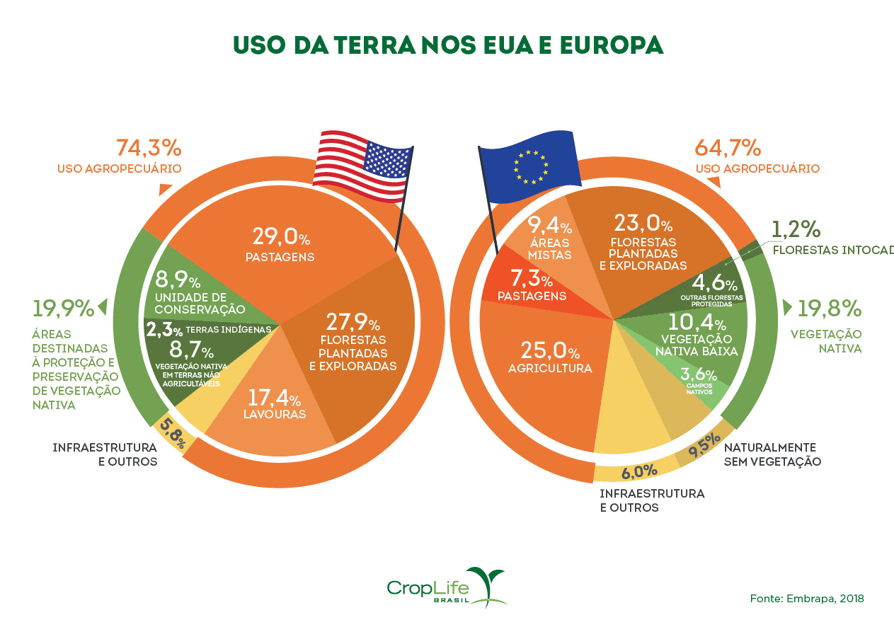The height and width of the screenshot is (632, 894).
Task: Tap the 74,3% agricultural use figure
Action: coord(148,148)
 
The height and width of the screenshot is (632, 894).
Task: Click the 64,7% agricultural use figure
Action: coord(728,148)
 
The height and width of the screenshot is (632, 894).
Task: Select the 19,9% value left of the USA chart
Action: coord(63,309)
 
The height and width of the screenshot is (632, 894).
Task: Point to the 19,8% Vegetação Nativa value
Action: coord(830,309)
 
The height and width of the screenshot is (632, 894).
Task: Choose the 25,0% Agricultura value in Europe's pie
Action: coord(550,351)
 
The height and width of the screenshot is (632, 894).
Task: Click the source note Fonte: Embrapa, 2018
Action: coord(807,599)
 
